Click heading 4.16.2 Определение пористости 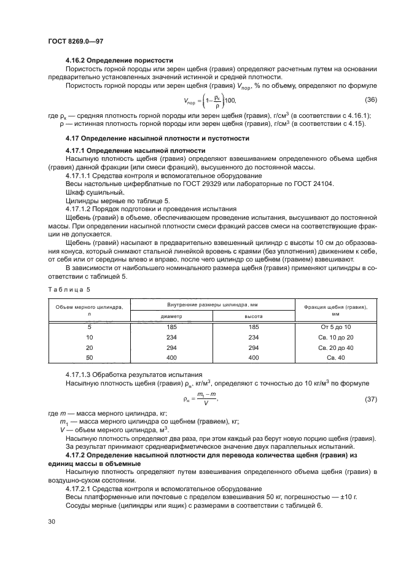point(119,61)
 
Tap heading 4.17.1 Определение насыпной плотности point(135,150)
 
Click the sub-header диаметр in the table point(171,316)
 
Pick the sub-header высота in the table point(253,316)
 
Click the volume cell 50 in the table point(89,357)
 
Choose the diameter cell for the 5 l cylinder point(171,328)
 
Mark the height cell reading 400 point(253,357)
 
